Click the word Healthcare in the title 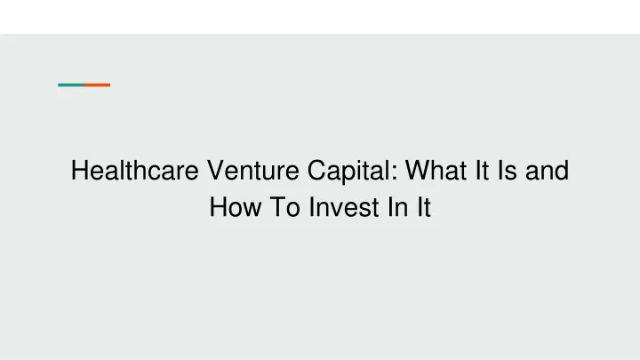tap(135, 170)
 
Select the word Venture tap(253, 170)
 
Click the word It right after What tap(482, 170)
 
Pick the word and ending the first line tap(547, 170)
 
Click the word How tap(235, 206)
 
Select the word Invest tap(344, 206)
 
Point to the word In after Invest tap(398, 206)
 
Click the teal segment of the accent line tap(71, 85)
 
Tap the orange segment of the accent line tap(98, 85)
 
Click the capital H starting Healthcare tap(80, 170)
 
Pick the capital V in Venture tap(215, 170)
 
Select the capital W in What tap(418, 170)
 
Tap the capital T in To tap(277, 206)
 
